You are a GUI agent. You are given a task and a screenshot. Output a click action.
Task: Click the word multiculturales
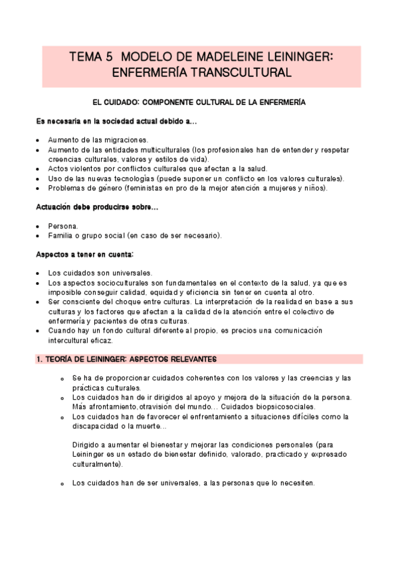point(155,150)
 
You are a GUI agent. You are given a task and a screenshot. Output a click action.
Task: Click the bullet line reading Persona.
point(63,226)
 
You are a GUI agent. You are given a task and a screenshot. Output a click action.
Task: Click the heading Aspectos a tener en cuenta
point(85,254)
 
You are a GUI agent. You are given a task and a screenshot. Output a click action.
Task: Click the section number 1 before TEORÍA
point(39,359)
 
